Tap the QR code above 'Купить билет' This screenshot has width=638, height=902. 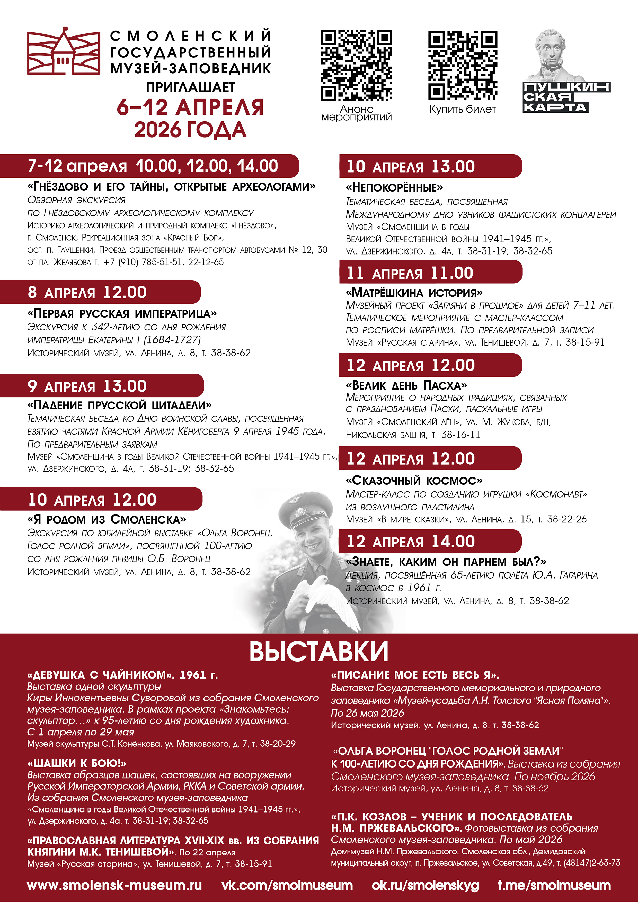coord(463,65)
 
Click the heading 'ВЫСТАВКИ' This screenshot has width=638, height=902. coord(319,651)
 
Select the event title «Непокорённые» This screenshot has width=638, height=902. coord(394,187)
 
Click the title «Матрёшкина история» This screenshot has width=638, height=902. coord(414,293)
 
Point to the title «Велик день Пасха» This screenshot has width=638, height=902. coord(406,385)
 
